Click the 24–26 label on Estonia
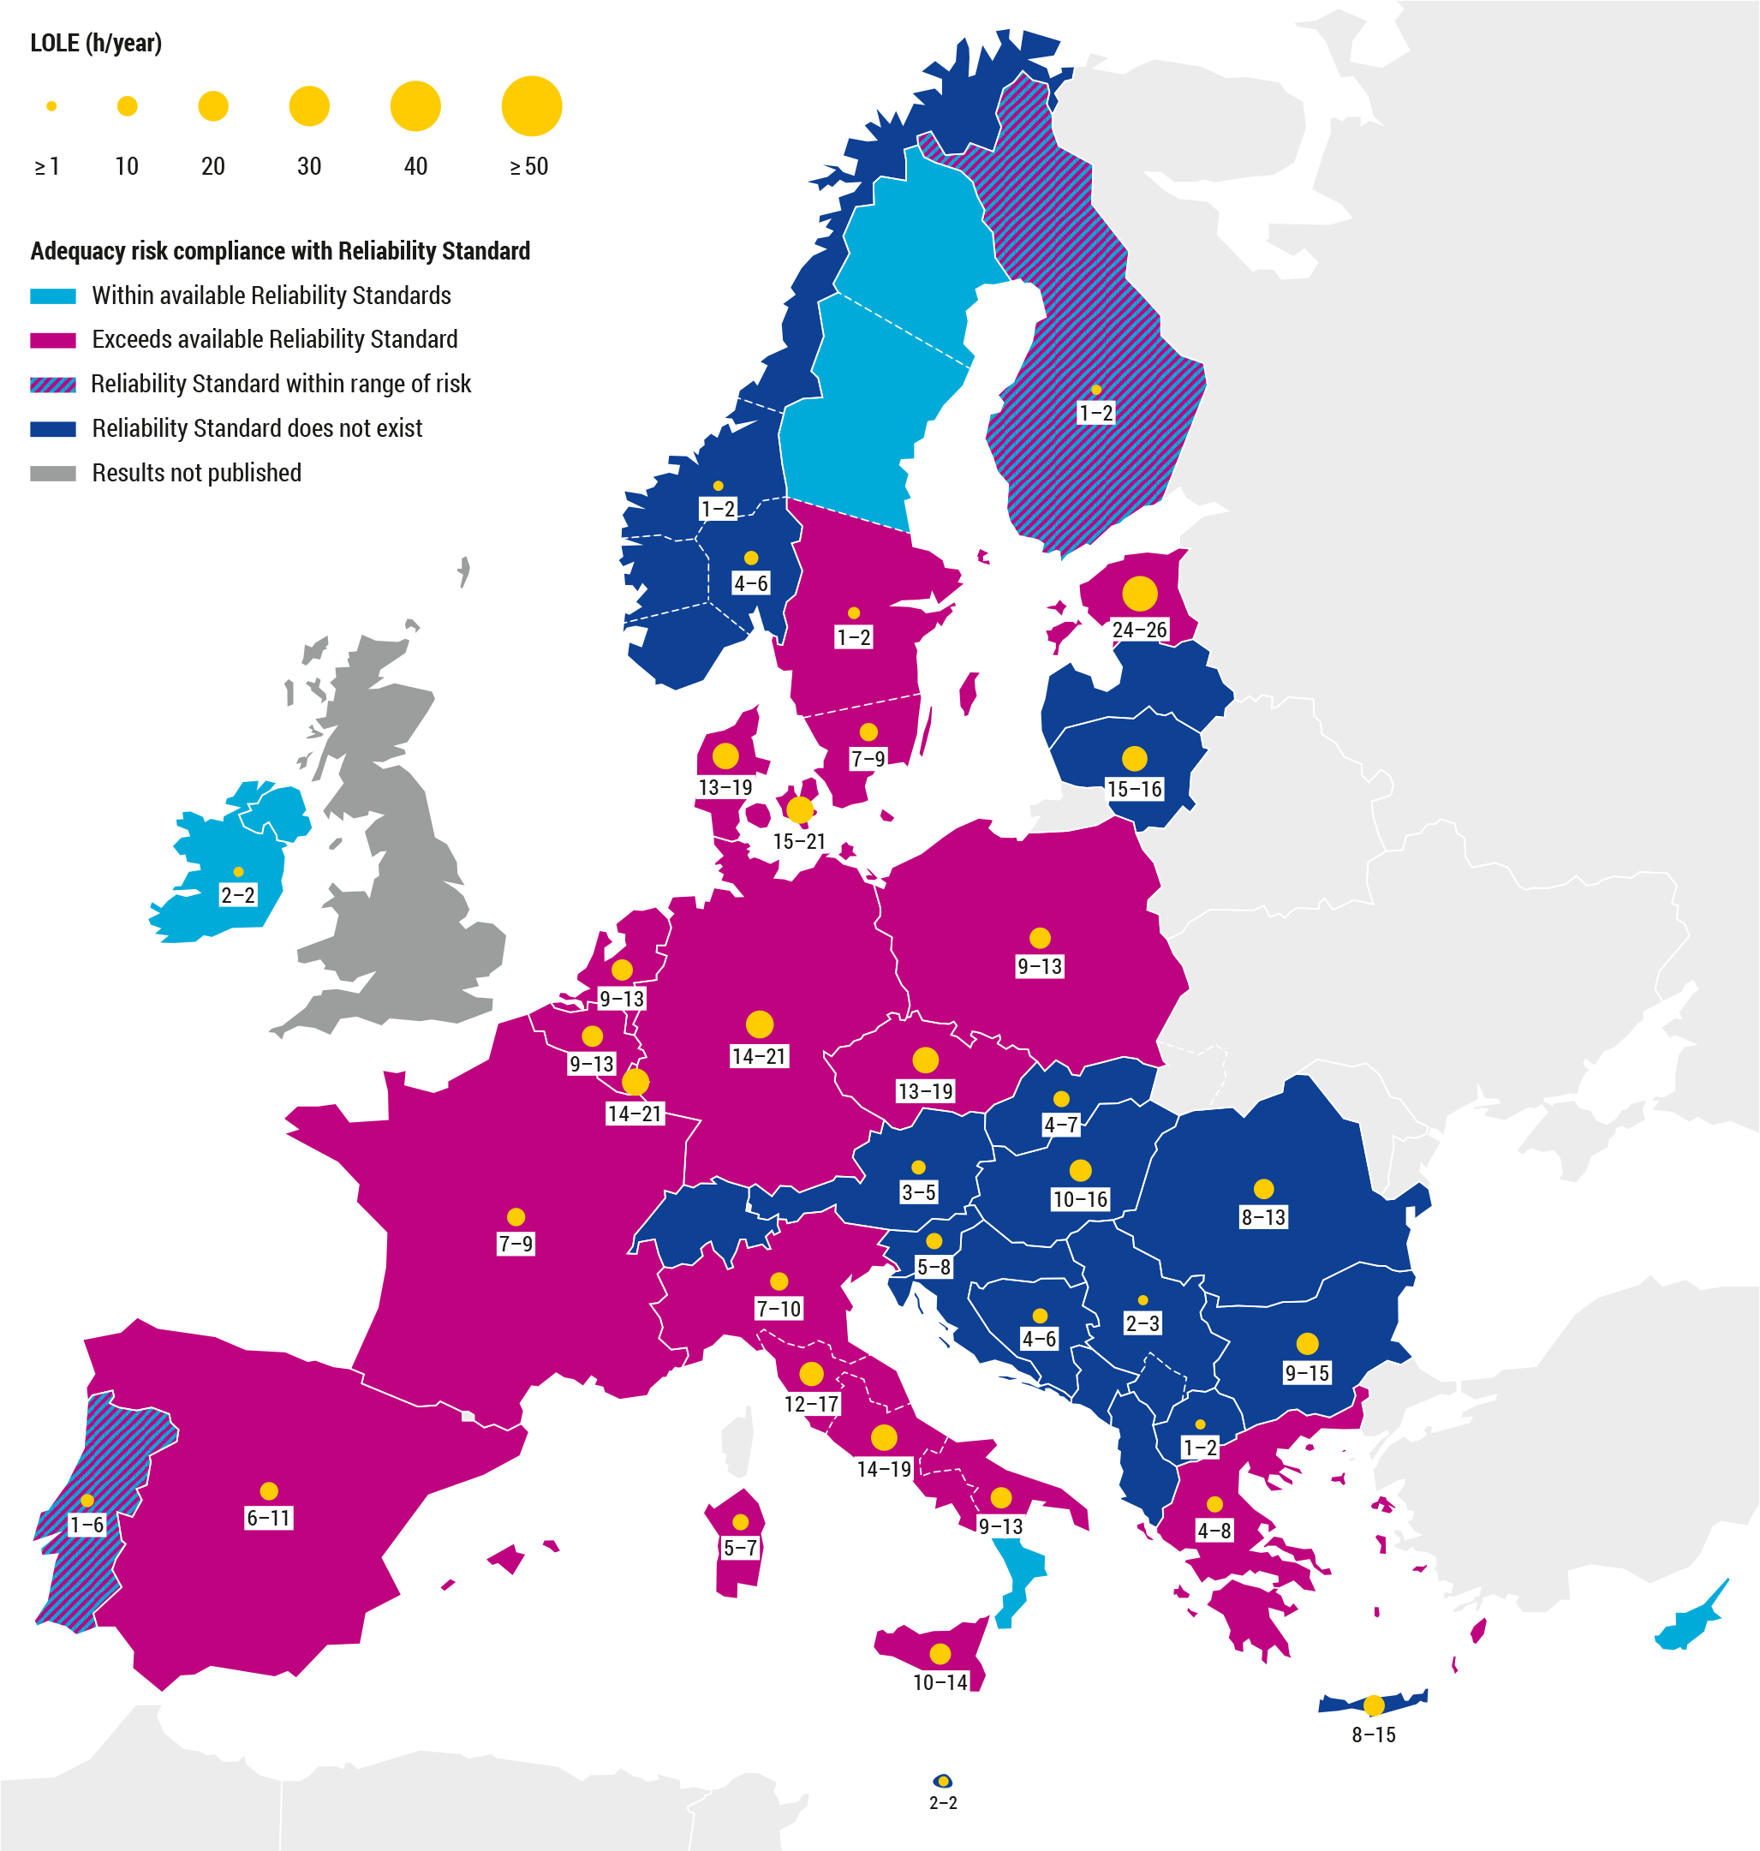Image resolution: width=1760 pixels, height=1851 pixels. pos(1139,630)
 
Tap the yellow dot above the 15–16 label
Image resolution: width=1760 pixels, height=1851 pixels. pos(1134,758)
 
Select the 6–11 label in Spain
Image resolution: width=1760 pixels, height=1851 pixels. pos(268,1517)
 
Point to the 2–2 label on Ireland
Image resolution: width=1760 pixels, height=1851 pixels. pos(237,895)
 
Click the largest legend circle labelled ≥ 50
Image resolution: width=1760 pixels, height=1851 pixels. pos(531,106)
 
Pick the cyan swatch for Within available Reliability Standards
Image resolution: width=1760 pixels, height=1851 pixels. pos(52,296)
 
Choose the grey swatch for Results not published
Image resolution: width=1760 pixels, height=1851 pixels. pos(52,473)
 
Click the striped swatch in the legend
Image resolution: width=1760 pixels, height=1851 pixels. pos(52,385)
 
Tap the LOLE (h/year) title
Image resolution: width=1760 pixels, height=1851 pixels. pos(96,43)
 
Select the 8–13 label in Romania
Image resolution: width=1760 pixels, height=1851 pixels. pos(1262,1217)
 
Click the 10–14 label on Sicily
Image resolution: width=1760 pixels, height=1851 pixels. pos(940,1682)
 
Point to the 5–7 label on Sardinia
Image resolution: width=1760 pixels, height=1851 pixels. pos(739,1547)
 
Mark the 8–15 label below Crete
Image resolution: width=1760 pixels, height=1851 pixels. pos(1374,1735)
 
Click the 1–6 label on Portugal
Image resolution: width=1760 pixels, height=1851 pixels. pos(87,1525)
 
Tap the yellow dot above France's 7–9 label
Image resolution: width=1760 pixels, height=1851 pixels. pos(515,1217)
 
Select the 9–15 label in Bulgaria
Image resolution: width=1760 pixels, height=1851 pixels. pos(1307,1372)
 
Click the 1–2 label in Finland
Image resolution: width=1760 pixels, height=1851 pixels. pos(1095,413)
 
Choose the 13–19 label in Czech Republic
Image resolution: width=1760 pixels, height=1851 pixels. pos(925,1091)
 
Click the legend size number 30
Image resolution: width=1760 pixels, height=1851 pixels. pos(308,167)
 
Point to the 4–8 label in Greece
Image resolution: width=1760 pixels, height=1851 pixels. pos(1213,1530)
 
